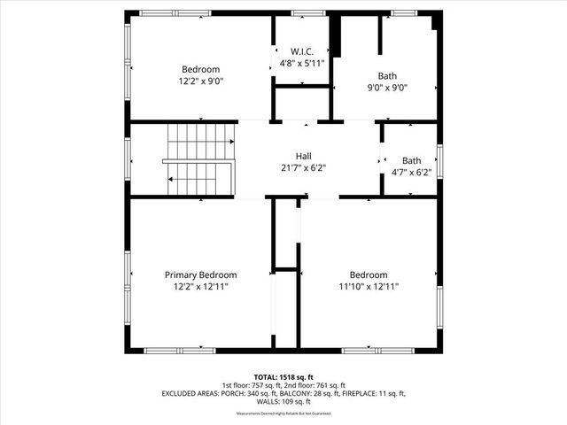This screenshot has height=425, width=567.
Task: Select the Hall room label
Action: [x=304, y=155]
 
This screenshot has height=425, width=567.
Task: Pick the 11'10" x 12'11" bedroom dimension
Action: [x=369, y=287]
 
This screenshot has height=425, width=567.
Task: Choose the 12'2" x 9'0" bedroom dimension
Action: [x=201, y=81]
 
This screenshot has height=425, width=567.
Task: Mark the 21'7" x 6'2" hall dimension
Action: [x=304, y=167]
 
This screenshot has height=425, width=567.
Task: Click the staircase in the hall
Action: [x=199, y=159]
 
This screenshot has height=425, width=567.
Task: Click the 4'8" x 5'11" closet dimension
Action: [x=302, y=64]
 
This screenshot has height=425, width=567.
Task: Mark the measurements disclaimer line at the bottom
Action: [x=283, y=413]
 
